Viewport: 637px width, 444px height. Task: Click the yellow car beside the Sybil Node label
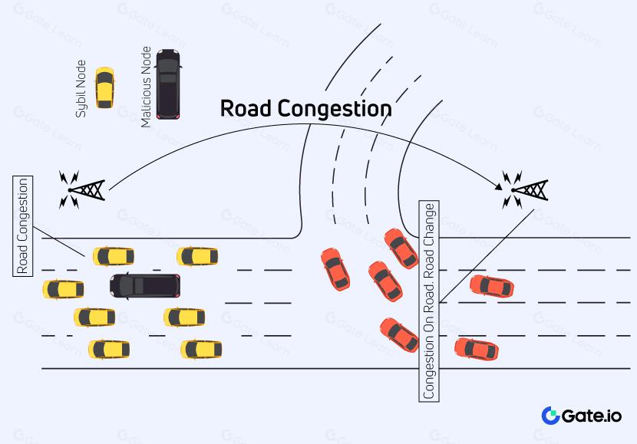[x=104, y=87]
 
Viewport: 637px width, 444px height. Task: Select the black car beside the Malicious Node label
[x=168, y=84]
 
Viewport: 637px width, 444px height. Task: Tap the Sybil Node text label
[x=81, y=88]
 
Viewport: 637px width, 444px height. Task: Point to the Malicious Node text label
[x=146, y=87]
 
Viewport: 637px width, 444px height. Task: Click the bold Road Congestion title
[x=305, y=109]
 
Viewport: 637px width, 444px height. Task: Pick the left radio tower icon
[x=82, y=189]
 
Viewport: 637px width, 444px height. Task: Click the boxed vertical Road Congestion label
[x=23, y=225]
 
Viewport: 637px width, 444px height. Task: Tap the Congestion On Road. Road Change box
[x=430, y=301]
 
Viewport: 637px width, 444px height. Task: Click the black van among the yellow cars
[x=145, y=285]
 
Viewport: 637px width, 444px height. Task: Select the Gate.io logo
[x=581, y=416]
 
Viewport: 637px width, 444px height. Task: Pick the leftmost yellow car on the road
[x=63, y=289]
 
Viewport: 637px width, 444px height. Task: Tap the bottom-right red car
[x=476, y=349]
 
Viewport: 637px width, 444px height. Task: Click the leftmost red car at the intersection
[x=335, y=268]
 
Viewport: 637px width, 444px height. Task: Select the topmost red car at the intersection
[x=401, y=248]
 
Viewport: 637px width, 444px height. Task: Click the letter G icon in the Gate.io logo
[x=551, y=416]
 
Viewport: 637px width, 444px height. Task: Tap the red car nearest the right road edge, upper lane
[x=491, y=286]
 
